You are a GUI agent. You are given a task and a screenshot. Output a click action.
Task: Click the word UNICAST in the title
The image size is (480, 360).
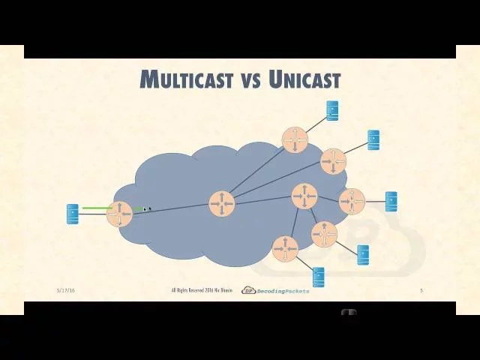[304, 79]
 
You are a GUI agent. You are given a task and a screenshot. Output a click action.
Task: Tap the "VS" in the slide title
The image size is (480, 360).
[250, 79]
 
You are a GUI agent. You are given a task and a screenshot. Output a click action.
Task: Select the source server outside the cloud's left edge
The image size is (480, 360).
[72, 214]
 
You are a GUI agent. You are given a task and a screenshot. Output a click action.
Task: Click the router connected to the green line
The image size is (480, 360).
[119, 214]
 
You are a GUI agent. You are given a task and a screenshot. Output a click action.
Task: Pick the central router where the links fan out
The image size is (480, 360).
[221, 203]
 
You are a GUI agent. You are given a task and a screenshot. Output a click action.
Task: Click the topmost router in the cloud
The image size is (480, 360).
[295, 139]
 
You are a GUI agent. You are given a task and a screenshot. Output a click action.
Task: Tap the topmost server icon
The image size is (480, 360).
[332, 110]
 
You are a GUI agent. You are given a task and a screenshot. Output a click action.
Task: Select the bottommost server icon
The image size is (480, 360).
[318, 277]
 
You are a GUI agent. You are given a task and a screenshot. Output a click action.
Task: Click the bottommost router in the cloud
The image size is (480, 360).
[285, 248]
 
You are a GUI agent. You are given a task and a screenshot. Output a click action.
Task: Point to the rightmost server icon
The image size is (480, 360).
[391, 201]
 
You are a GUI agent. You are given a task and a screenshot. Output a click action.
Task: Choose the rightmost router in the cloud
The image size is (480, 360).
[352, 201]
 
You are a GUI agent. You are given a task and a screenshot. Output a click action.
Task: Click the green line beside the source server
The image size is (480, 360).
[97, 208]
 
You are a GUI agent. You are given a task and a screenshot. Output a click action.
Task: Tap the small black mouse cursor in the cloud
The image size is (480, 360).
[147, 209]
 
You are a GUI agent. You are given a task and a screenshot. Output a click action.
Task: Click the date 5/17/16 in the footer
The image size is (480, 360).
[66, 290]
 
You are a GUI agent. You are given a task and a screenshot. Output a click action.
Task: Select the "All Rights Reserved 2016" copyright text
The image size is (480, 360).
[201, 290]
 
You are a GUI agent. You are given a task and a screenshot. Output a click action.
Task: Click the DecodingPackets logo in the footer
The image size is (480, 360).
[275, 290]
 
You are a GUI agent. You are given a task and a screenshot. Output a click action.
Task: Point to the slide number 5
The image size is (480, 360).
[421, 290]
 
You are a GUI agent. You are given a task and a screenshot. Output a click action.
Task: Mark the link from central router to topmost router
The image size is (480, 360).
[257, 172]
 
